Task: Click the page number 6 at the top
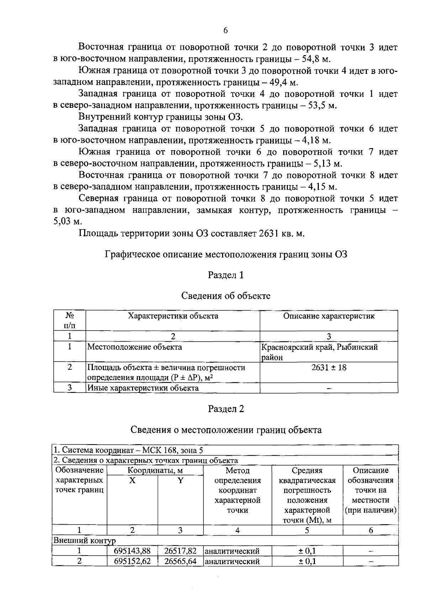pos(225,31)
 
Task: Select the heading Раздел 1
pos(226,275)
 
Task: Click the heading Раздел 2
pos(226,409)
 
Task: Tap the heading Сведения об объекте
pos(226,296)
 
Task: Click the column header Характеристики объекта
pos(173,316)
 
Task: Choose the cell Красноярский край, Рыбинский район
pos(319,352)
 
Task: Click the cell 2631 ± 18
pos(329,368)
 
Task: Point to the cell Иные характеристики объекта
pos(143,388)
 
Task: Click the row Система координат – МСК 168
pos(128,450)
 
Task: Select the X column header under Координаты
pos(132,480)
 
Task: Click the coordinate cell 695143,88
pos(132,551)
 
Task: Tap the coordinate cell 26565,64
pos(180,561)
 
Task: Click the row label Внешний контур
pos(84,541)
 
